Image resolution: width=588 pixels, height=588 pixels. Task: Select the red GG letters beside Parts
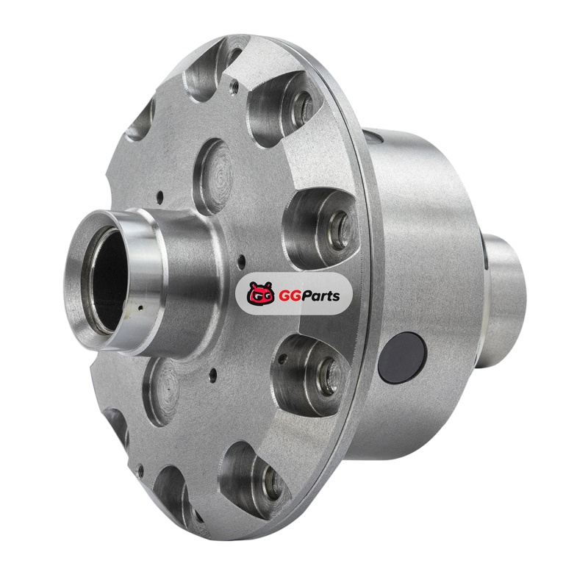tap(288, 296)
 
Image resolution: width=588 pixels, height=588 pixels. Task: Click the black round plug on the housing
tap(402, 356)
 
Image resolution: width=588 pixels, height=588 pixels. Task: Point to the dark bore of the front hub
tap(109, 279)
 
